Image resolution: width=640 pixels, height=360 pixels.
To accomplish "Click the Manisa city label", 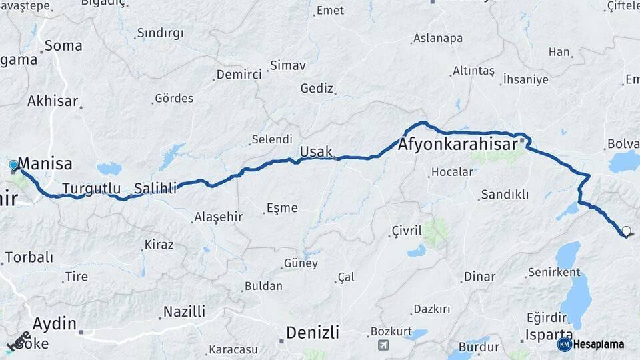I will tap(45, 163).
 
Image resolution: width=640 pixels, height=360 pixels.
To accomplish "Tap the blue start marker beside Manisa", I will tap(14, 165).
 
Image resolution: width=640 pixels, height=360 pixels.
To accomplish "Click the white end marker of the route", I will tap(626, 232).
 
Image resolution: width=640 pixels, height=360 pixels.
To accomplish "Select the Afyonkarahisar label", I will tap(459, 145).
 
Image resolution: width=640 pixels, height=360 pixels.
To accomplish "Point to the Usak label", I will tap(316, 152).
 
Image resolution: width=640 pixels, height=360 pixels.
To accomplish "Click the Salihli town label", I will tap(155, 188).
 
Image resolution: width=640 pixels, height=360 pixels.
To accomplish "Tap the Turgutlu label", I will tap(91, 188).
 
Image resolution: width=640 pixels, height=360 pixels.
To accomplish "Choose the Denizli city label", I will tap(312, 332).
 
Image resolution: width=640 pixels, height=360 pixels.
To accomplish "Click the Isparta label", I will tap(549, 334).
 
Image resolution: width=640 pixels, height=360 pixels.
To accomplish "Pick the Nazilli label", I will tap(185, 311).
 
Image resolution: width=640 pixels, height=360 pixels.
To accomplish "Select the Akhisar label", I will tap(53, 101).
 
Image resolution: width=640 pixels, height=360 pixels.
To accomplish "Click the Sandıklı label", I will tap(504, 194).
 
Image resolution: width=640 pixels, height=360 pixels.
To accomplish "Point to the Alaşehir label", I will tap(218, 217).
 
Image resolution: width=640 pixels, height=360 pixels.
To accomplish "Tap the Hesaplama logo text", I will tap(598, 344).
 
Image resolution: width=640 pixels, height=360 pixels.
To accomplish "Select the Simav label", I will tap(287, 65).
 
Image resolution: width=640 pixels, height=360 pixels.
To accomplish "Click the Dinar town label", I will tap(480, 277).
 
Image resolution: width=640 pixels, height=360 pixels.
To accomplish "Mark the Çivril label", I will tap(407, 231).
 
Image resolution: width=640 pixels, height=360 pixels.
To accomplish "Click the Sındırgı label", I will tap(160, 33).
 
